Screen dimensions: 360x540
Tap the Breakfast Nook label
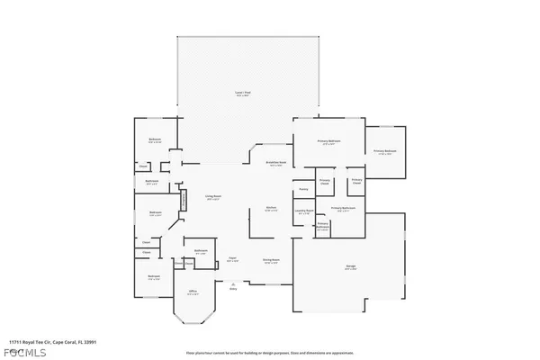275,163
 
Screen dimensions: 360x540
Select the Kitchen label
270,208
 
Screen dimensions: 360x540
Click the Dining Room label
271,262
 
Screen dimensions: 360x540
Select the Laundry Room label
303,211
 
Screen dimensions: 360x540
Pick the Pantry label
304,189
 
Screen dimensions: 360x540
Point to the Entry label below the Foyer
232,289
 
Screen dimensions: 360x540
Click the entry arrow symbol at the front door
232,283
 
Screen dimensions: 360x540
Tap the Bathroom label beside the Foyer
202,251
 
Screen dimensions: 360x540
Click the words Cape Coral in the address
76,341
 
